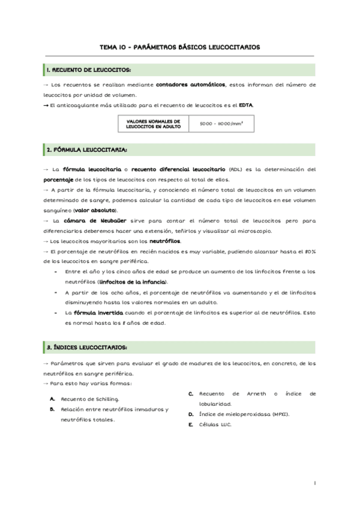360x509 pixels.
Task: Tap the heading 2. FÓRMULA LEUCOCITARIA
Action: pos(88,149)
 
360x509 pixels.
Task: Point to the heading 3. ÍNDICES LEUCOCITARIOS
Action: pos(87,348)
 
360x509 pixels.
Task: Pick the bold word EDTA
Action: pos(245,105)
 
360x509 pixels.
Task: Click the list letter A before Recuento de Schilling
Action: pos(53,399)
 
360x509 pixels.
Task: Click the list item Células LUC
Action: pos(214,424)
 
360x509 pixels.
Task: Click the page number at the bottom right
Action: pos(315,483)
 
